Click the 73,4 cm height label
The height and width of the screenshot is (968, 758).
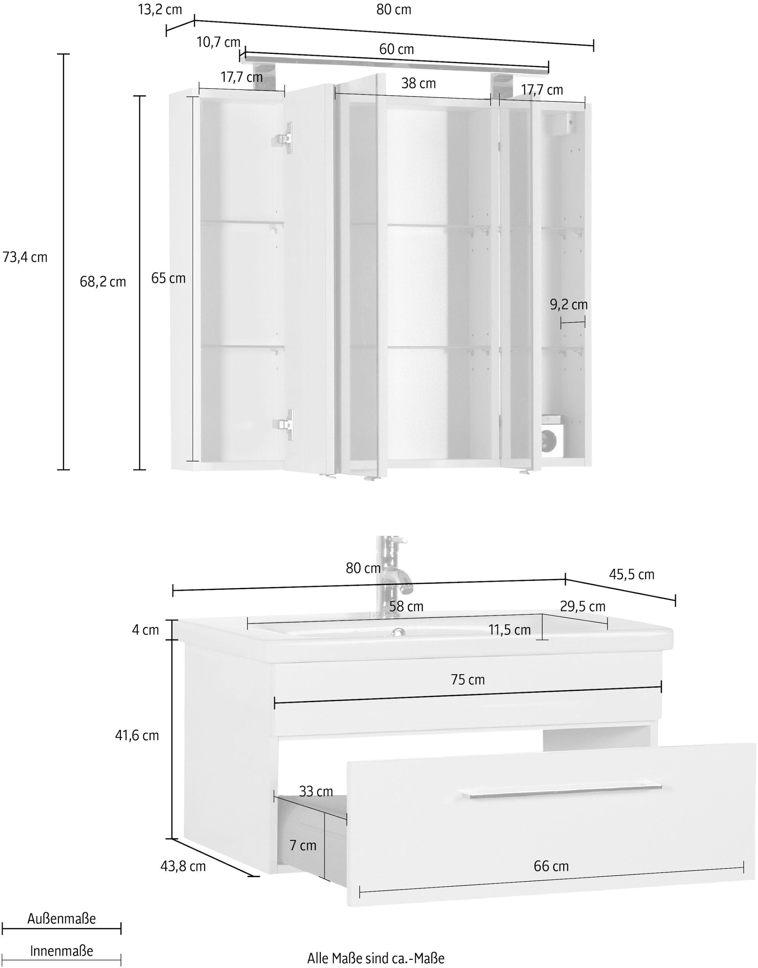click(25, 257)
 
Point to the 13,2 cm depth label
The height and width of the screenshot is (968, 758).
click(160, 9)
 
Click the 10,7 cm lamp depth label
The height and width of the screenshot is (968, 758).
click(218, 43)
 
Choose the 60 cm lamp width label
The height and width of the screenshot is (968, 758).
click(396, 49)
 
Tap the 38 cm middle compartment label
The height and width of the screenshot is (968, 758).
click(418, 83)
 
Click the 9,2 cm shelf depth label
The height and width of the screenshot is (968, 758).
click(568, 304)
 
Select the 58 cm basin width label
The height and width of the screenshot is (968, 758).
click(406, 606)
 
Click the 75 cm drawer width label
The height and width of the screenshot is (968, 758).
click(468, 680)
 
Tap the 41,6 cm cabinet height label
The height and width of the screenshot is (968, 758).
click(137, 736)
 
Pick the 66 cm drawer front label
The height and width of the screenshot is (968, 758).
click(551, 866)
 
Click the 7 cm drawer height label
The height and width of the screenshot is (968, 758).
click(303, 845)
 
